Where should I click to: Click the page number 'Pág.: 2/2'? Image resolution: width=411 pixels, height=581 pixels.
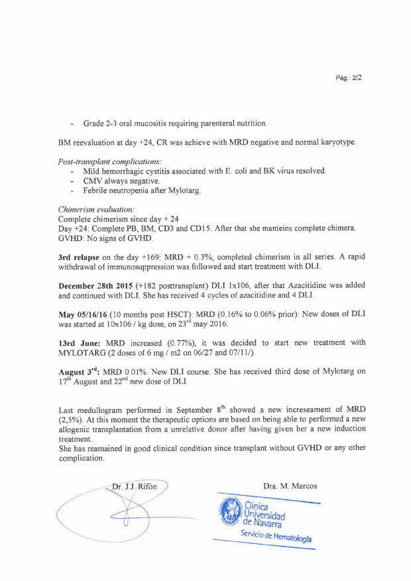(x=348, y=78)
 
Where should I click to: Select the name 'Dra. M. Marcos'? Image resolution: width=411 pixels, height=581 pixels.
(x=290, y=486)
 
